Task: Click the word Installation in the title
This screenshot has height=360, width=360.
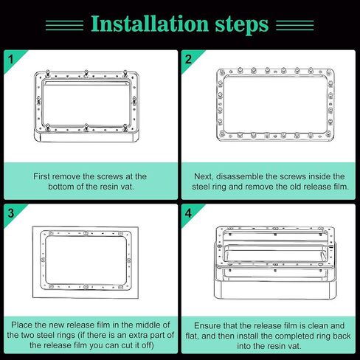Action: pyautogui.click(x=150, y=24)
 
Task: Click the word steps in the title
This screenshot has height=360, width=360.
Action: pyautogui.click(x=242, y=24)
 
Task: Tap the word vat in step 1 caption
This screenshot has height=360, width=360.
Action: pyautogui.click(x=127, y=187)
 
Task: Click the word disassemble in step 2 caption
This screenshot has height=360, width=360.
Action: pyautogui.click(x=240, y=176)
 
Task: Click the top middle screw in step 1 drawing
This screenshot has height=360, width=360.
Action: pyautogui.click(x=86, y=73)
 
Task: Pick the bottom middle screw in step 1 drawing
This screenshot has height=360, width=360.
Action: pyautogui.click(x=86, y=128)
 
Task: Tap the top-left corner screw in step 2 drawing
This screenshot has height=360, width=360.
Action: pyautogui.click(x=222, y=72)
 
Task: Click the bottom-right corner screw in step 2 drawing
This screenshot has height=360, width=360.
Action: pyautogui.click(x=328, y=134)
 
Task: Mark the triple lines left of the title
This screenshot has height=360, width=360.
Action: pyautogui.click(x=64, y=26)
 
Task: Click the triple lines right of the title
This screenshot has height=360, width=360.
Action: pyautogui.click(x=295, y=26)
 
